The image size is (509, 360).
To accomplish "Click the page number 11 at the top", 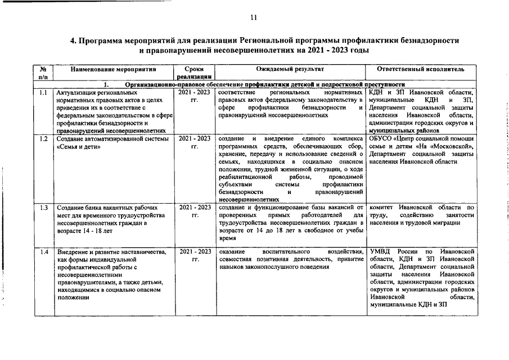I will pos(254,18).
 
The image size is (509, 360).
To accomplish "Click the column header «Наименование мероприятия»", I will pos(105,69).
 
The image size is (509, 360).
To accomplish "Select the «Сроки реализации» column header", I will pos(193,73).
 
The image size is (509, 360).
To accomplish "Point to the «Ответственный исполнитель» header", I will pos(422,69).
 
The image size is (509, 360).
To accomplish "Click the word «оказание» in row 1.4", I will pos(232,251).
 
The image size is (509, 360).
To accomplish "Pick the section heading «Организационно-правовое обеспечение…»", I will pos(264,84).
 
